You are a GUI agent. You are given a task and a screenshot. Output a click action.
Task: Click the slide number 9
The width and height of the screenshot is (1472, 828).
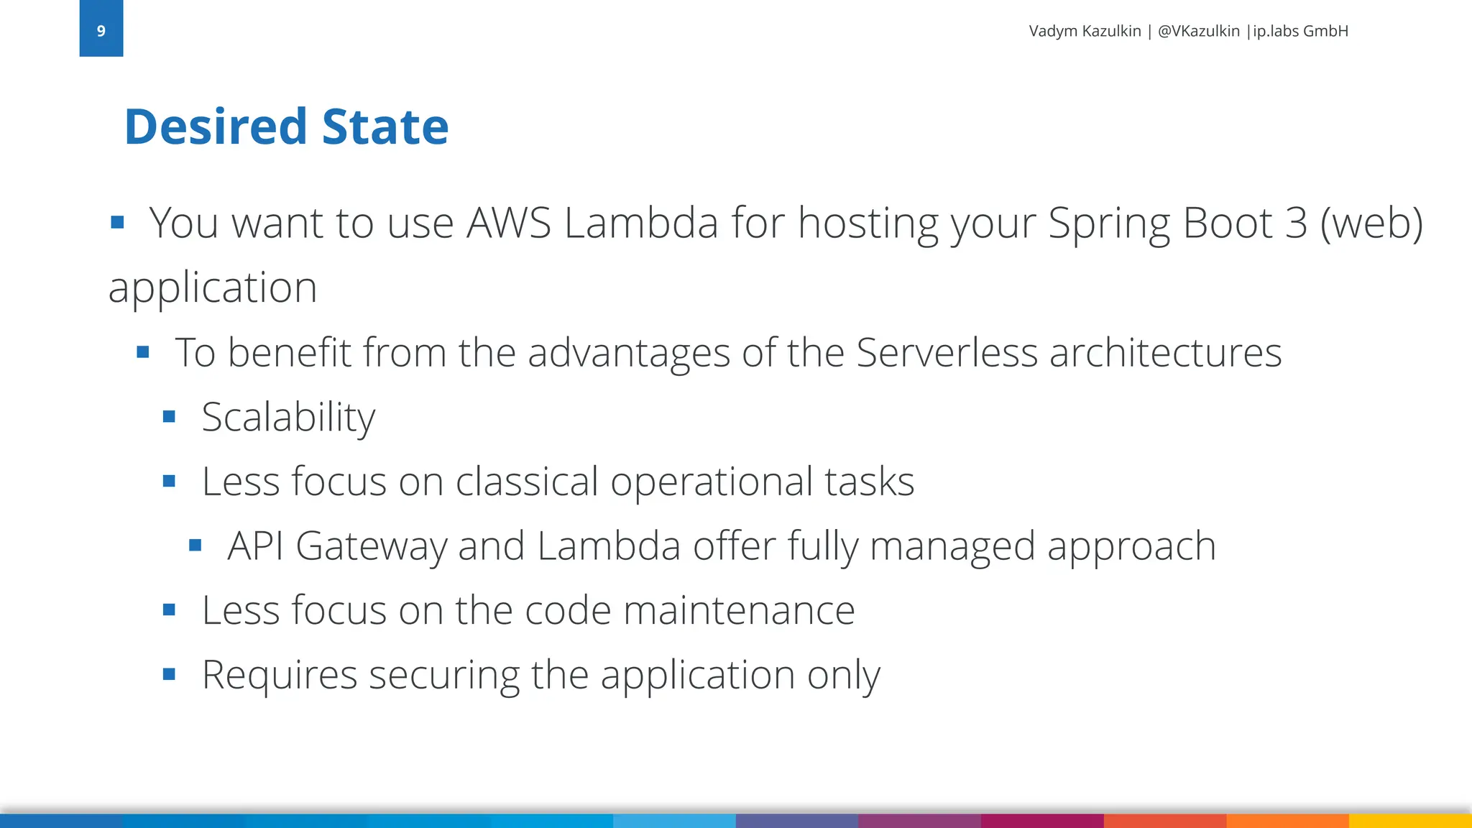[x=101, y=31]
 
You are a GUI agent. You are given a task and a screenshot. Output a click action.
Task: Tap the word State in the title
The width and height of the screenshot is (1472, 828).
[x=385, y=126]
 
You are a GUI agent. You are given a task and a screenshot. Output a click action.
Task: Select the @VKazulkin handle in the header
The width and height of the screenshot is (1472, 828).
[x=1198, y=31]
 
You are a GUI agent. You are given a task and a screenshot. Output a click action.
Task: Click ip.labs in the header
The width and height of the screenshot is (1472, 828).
[x=1276, y=31]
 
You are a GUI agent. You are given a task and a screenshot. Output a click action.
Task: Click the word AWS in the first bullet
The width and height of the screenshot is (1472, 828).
[x=509, y=223]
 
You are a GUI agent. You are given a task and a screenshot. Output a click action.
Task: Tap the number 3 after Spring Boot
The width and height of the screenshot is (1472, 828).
[x=1296, y=223]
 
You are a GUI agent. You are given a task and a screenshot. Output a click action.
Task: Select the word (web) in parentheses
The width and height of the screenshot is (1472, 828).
[x=1371, y=223]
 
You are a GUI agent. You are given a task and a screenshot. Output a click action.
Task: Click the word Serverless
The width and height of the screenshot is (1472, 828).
[x=947, y=352]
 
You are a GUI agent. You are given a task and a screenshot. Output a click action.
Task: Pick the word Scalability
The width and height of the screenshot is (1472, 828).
[x=288, y=417]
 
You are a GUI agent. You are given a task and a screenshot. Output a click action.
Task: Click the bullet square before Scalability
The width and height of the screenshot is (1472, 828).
[x=170, y=416]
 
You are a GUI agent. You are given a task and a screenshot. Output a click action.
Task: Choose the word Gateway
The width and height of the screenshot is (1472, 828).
[x=371, y=546]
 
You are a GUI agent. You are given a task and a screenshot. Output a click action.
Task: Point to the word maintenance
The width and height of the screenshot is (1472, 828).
[x=739, y=610]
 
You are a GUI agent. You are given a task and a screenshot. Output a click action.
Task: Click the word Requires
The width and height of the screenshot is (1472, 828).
[x=280, y=675]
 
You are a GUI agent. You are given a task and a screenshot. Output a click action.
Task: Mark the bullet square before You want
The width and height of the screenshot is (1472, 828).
[x=118, y=222]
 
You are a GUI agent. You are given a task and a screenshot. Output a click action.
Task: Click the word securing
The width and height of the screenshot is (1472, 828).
[x=443, y=675]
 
